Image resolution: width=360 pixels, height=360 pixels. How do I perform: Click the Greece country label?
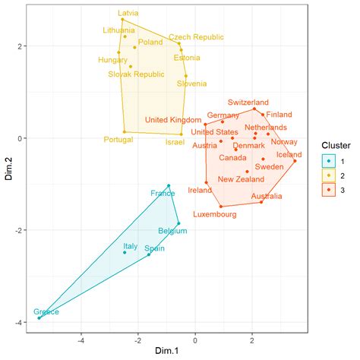(46, 312)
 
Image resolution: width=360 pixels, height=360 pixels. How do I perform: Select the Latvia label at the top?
(129, 13)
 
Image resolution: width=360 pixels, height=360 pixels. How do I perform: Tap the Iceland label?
(289, 154)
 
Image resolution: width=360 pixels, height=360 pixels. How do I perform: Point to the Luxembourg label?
(215, 215)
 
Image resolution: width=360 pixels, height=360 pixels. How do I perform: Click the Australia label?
(266, 196)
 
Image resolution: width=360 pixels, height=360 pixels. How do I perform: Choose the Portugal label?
(118, 140)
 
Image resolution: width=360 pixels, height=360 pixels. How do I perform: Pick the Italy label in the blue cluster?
(131, 246)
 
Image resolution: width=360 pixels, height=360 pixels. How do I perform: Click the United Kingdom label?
(173, 119)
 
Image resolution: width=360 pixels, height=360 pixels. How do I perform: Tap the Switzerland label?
(248, 102)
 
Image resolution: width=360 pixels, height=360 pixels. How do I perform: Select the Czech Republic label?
(197, 36)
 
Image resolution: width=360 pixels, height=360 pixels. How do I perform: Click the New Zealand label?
(241, 179)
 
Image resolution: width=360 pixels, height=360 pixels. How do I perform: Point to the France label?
(163, 194)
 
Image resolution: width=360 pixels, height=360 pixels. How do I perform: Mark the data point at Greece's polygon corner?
(39, 318)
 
